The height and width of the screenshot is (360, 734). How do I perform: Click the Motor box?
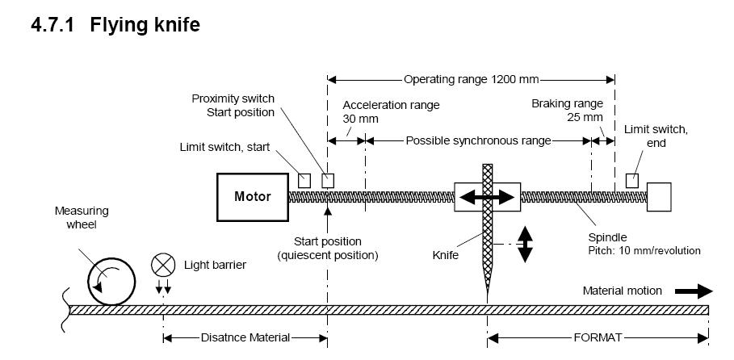pyautogui.click(x=252, y=197)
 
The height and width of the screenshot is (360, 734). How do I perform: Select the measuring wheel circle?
pyautogui.click(x=111, y=278)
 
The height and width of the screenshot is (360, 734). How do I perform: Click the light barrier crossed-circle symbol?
pyautogui.click(x=163, y=264)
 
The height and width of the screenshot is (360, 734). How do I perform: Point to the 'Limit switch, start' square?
pyautogui.click(x=304, y=180)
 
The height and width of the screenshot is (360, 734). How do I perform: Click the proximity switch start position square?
pyautogui.click(x=328, y=180)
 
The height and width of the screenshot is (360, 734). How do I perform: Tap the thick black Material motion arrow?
pyautogui.click(x=694, y=291)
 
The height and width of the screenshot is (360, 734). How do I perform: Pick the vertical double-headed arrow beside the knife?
pyautogui.click(x=525, y=244)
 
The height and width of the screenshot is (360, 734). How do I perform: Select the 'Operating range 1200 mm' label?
pyautogui.click(x=471, y=80)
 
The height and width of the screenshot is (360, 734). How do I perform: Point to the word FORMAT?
pyautogui.click(x=598, y=337)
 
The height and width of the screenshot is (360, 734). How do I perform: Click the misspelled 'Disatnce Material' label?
pyautogui.click(x=245, y=337)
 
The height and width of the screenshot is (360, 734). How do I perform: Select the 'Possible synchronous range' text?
pyautogui.click(x=478, y=140)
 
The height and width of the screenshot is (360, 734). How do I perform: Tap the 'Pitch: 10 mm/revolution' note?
pyautogui.click(x=644, y=251)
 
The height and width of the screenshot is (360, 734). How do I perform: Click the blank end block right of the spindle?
pyautogui.click(x=659, y=197)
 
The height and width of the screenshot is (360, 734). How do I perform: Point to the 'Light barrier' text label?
pyautogui.click(x=215, y=264)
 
